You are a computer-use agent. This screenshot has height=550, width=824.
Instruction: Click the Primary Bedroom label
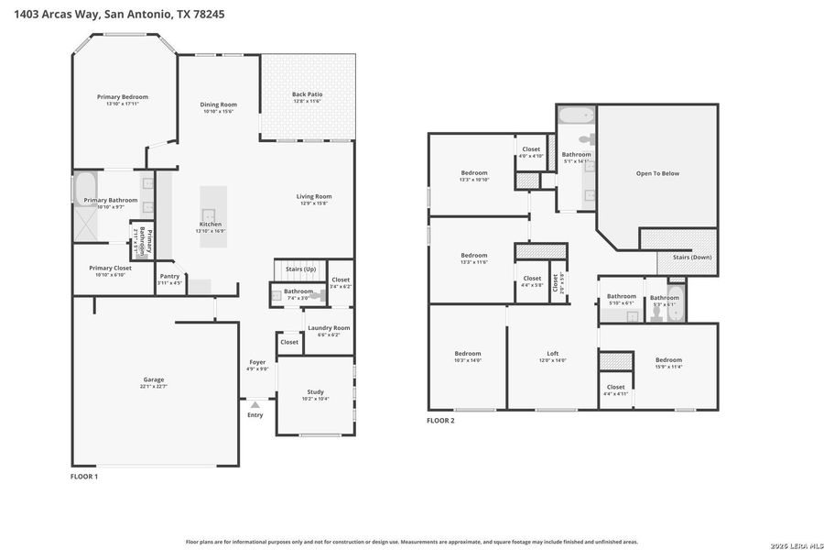123,97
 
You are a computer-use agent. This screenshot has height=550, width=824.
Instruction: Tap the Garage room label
153,379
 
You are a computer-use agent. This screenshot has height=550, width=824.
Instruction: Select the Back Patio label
307,94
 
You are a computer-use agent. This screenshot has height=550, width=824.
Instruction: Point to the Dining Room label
219,104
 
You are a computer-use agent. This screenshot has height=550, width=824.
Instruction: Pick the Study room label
315,391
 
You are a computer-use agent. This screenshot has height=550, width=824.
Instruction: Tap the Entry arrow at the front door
255,402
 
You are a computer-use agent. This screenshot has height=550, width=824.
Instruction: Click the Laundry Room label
328,328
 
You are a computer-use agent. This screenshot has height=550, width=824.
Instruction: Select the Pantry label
169,276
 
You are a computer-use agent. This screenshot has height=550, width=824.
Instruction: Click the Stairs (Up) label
300,269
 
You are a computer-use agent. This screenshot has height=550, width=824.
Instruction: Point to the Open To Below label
657,173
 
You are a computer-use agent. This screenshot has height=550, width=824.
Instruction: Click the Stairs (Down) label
692,258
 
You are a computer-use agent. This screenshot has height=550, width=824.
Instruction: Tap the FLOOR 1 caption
84,477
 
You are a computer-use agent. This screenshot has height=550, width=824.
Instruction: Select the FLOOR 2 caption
440,421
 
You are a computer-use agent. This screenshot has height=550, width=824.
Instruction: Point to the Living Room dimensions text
313,203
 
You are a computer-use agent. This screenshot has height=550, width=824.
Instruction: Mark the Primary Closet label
110,269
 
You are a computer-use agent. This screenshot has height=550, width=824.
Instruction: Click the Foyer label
257,362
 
